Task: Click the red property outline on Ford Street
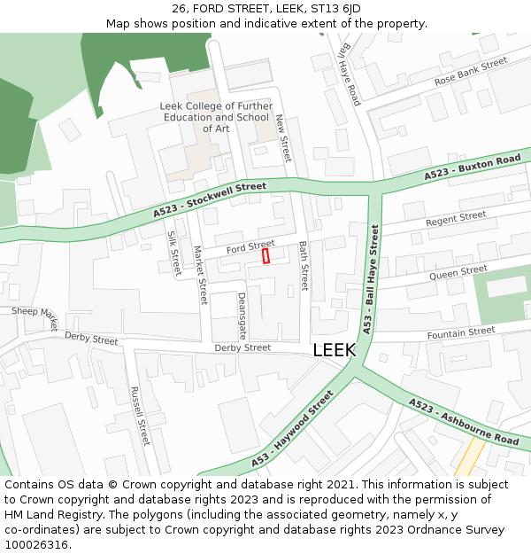pyautogui.click(x=265, y=256)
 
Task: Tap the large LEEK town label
pyautogui.click(x=335, y=350)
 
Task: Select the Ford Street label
pyautogui.click(x=250, y=246)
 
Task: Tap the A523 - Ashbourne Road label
pyautogui.click(x=464, y=421)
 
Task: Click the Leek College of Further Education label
pyautogui.click(x=216, y=117)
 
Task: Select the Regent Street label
pyautogui.click(x=456, y=218)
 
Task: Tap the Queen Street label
pyautogui.click(x=458, y=272)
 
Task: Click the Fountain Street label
pyautogui.click(x=461, y=332)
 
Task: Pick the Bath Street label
pyautogui.click(x=303, y=266)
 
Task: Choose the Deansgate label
pyautogui.click(x=242, y=316)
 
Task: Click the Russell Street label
pyautogui.click(x=140, y=416)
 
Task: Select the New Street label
pyautogui.click(x=282, y=138)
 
